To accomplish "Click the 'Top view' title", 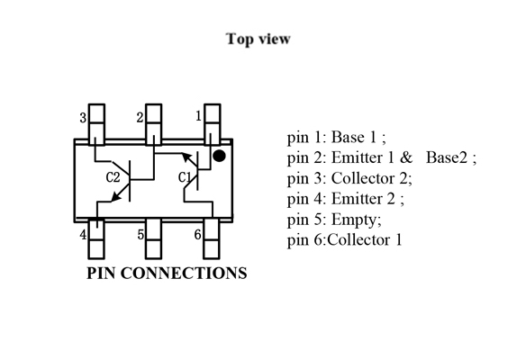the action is tap(258, 39).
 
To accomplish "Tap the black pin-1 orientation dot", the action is tap(219, 156).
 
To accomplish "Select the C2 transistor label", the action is tap(113, 177).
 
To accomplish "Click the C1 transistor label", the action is tap(185, 177).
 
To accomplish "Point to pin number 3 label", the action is tap(83, 118).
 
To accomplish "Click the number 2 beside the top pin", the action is tap(140, 117).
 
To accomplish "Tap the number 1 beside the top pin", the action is tap(198, 116).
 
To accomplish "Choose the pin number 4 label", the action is tap(83, 235).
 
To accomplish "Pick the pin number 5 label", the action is tap(141, 235).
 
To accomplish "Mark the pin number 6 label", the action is tap(197, 234).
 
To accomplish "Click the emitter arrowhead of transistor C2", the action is tap(115, 197).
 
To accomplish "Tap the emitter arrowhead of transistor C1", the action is tap(186, 157).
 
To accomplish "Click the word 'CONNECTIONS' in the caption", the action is tap(184, 274).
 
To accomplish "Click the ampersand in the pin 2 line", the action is tap(406, 157).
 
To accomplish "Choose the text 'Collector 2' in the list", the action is tap(369, 178).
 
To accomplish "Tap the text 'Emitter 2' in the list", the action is tap(363, 199).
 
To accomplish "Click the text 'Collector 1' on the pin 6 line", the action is tap(365, 240).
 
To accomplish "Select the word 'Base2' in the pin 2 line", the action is tap(447, 157).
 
